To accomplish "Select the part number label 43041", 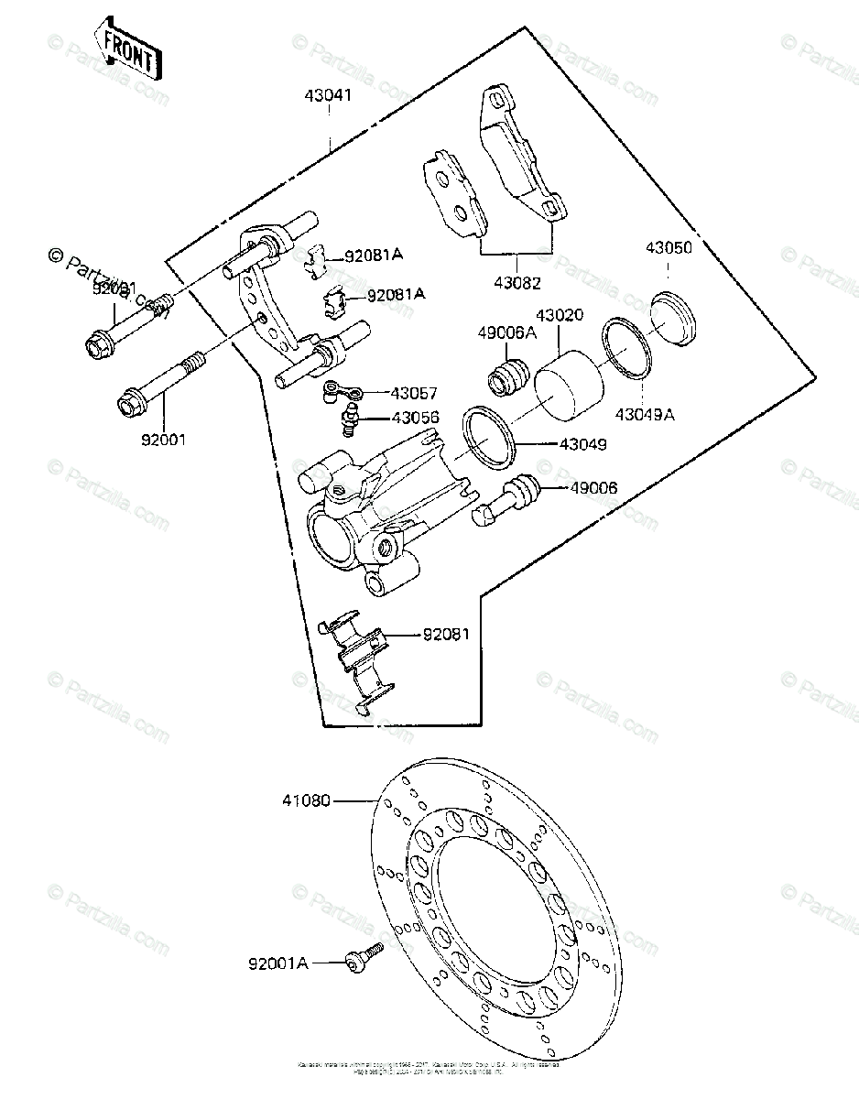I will (x=328, y=94).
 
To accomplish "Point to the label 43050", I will (x=669, y=247).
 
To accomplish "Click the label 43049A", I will (x=645, y=415).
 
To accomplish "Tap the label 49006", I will (x=593, y=488).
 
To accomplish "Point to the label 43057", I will (x=415, y=393).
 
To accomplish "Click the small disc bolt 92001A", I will (x=360, y=958).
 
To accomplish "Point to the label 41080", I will (x=306, y=801).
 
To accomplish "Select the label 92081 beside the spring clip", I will (x=446, y=633).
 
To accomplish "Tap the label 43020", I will (x=560, y=314).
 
